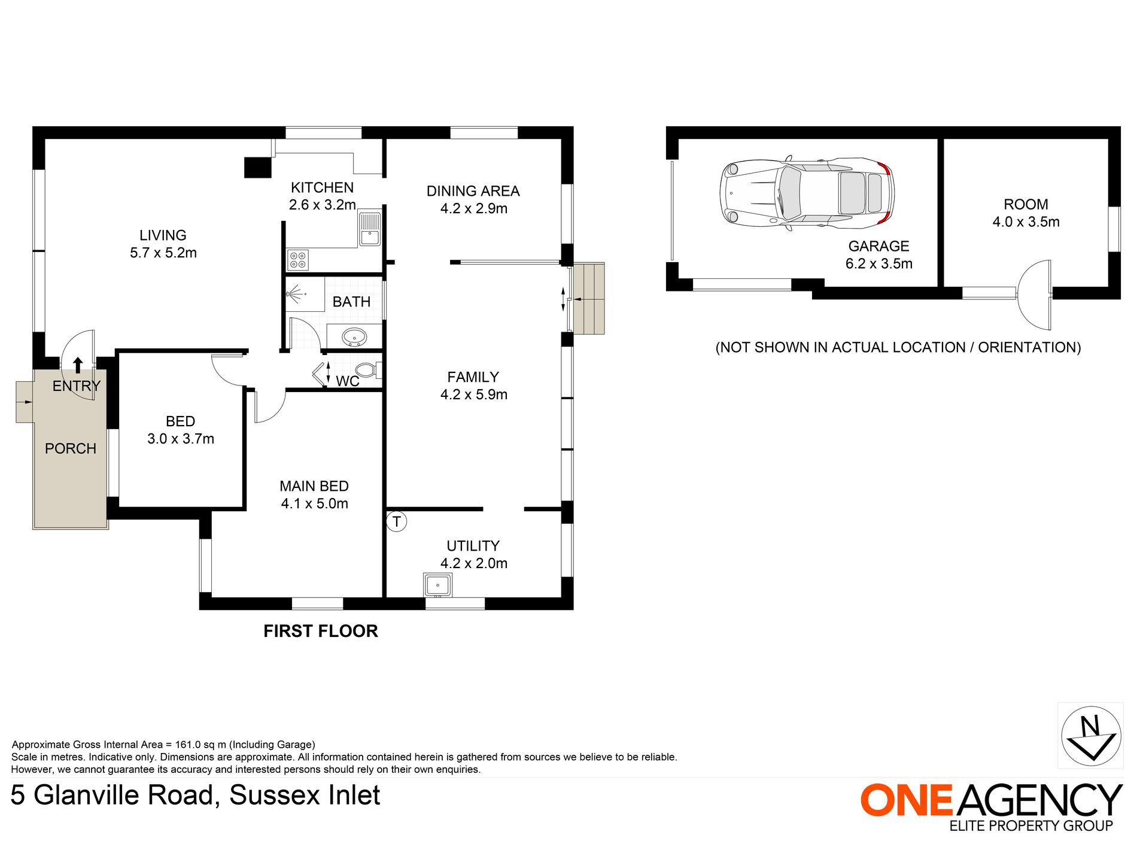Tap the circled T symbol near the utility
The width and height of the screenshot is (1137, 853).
click(x=397, y=521)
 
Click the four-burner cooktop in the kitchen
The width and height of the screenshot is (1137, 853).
click(x=298, y=260)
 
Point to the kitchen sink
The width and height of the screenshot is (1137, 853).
click(x=369, y=229)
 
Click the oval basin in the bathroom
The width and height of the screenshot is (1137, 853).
click(x=354, y=337)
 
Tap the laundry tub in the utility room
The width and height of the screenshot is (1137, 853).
click(x=437, y=584)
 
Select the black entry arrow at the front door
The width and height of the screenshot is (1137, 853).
click(x=78, y=365)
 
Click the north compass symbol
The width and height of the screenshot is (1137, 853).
click(x=1090, y=736)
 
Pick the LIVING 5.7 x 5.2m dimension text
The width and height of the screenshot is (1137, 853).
click(x=163, y=253)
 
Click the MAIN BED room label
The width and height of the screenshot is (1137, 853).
click(x=314, y=486)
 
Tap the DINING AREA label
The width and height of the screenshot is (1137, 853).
click(x=473, y=191)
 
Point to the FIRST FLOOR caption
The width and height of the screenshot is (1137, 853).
click(x=321, y=631)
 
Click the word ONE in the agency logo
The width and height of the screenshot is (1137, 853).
click(x=906, y=800)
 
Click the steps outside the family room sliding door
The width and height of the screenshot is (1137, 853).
click(x=589, y=298)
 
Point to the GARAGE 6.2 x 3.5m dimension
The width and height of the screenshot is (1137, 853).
click(x=878, y=263)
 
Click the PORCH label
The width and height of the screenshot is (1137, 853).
click(x=71, y=448)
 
